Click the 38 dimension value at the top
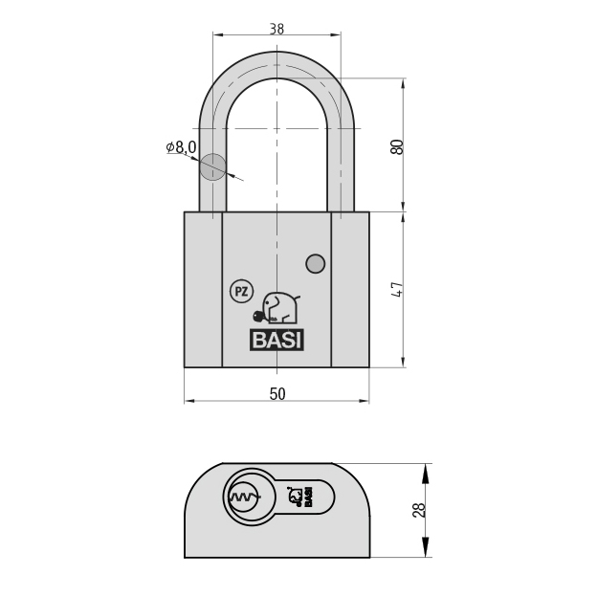[276, 29]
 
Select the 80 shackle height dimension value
[397, 147]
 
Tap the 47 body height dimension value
[397, 290]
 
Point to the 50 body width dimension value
[277, 394]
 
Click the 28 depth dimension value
[418, 510]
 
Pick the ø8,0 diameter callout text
[181, 146]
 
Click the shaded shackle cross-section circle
[212, 166]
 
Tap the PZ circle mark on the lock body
[241, 292]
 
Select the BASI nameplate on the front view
[276, 340]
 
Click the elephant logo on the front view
[281, 308]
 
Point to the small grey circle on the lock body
[316, 263]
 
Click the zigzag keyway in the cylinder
[244, 497]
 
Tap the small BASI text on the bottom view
[308, 497]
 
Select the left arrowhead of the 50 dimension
[189, 401]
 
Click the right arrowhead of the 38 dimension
[336, 35]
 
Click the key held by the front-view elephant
[260, 316]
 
